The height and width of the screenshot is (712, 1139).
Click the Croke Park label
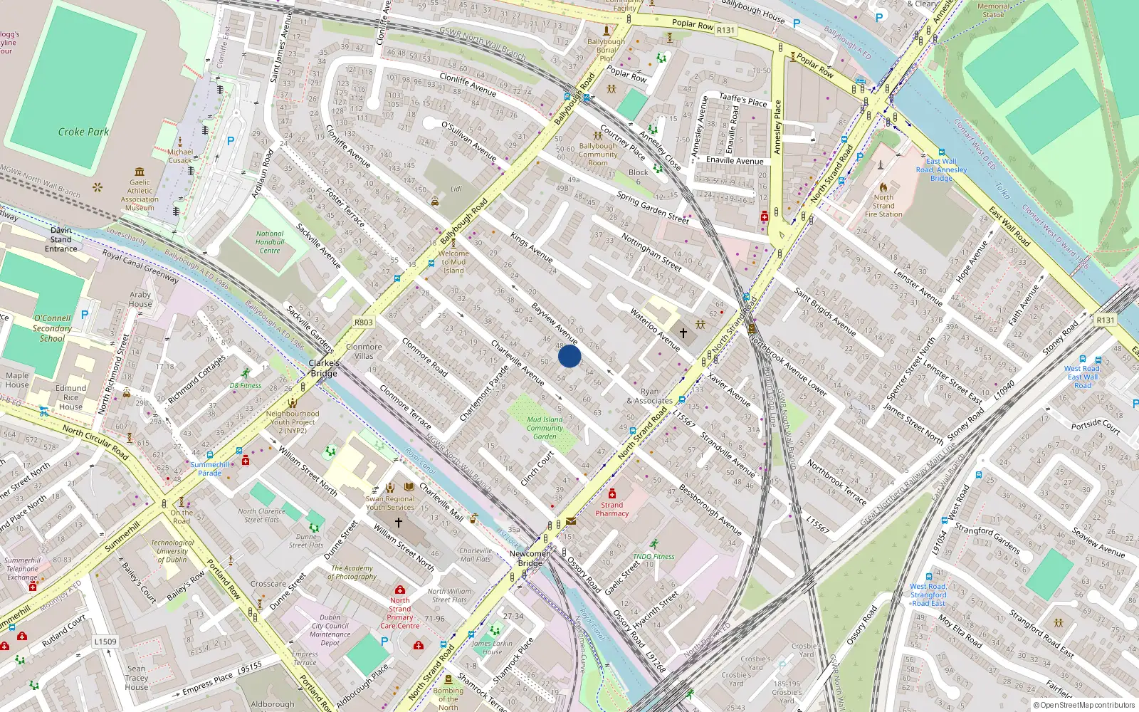click(x=83, y=132)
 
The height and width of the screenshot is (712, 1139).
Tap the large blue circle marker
click(x=569, y=356)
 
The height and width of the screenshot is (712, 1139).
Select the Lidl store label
click(x=456, y=189)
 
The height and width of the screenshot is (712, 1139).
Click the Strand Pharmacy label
click(x=612, y=509)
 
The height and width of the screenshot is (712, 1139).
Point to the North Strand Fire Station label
click(x=883, y=206)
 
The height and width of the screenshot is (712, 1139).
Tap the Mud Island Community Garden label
click(x=545, y=428)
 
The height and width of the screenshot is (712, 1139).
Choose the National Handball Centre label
click(x=270, y=242)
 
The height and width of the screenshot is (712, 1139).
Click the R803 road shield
click(x=364, y=323)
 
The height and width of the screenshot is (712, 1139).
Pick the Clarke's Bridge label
click(x=324, y=368)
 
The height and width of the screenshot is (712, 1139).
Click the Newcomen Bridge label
click(x=530, y=558)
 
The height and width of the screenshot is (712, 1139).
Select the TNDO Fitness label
click(x=654, y=557)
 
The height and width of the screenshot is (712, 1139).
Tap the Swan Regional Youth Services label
click(x=390, y=503)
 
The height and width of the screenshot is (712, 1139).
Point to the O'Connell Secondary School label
click(x=52, y=328)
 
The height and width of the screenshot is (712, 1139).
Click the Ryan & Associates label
click(x=649, y=396)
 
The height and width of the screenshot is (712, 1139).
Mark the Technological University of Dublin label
click(x=172, y=551)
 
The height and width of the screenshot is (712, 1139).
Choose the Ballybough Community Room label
click(x=598, y=155)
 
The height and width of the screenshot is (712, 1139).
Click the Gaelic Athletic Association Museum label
click(x=140, y=195)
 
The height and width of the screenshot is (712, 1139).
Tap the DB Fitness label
click(x=246, y=385)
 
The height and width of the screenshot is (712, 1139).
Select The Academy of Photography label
click(x=352, y=572)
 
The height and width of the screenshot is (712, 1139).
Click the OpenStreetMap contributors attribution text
click(x=1084, y=705)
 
